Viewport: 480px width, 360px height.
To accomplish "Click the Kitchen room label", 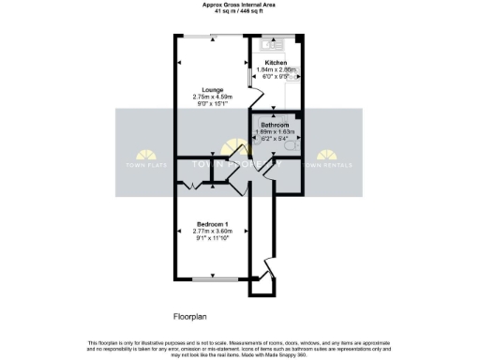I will coord(276,62).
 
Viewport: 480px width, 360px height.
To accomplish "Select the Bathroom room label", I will coord(275,125).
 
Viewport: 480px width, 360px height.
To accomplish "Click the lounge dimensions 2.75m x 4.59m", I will coord(210,96).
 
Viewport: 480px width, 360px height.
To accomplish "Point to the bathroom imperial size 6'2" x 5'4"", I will coord(275,139).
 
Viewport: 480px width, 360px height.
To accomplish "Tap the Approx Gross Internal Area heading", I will coord(239,5).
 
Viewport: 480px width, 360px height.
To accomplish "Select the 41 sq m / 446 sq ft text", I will coord(239,11).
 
